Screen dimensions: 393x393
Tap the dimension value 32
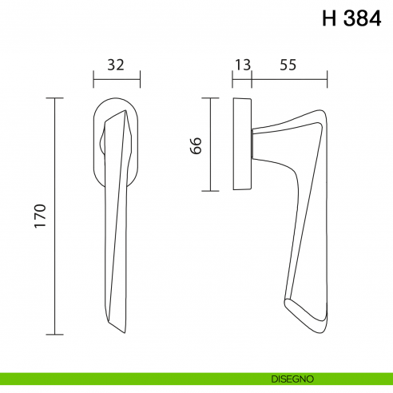(x=116, y=66)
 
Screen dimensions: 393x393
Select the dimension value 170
(x=42, y=216)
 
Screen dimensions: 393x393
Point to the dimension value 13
(x=241, y=66)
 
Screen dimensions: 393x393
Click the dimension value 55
(x=288, y=66)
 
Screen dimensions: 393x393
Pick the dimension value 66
(x=197, y=145)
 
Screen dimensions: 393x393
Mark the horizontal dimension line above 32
(x=117, y=79)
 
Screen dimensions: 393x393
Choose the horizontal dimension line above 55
(x=289, y=79)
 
